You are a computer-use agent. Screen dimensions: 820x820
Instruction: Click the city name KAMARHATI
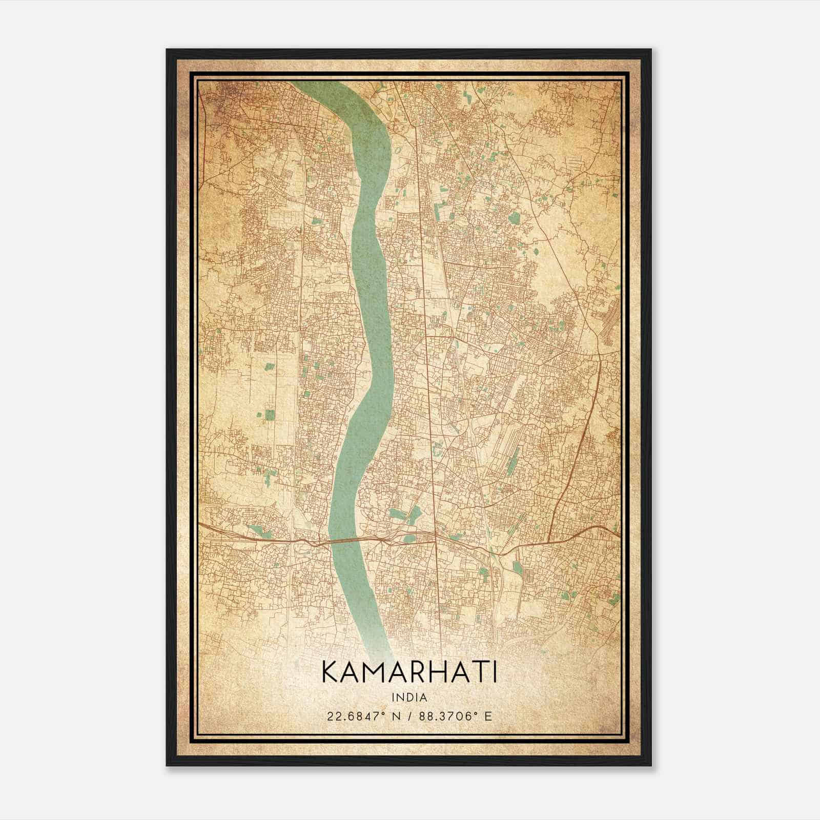[409, 673]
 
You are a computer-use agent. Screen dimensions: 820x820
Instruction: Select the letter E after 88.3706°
[488, 716]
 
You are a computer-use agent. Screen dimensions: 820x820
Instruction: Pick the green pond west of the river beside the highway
[255, 530]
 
